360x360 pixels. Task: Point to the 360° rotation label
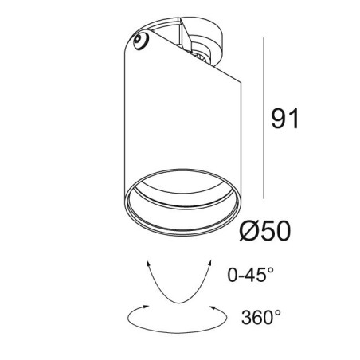[x=260, y=320]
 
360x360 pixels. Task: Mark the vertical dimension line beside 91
[x=263, y=119]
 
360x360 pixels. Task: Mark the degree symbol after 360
[x=278, y=315]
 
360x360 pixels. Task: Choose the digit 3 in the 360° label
[x=245, y=320]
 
